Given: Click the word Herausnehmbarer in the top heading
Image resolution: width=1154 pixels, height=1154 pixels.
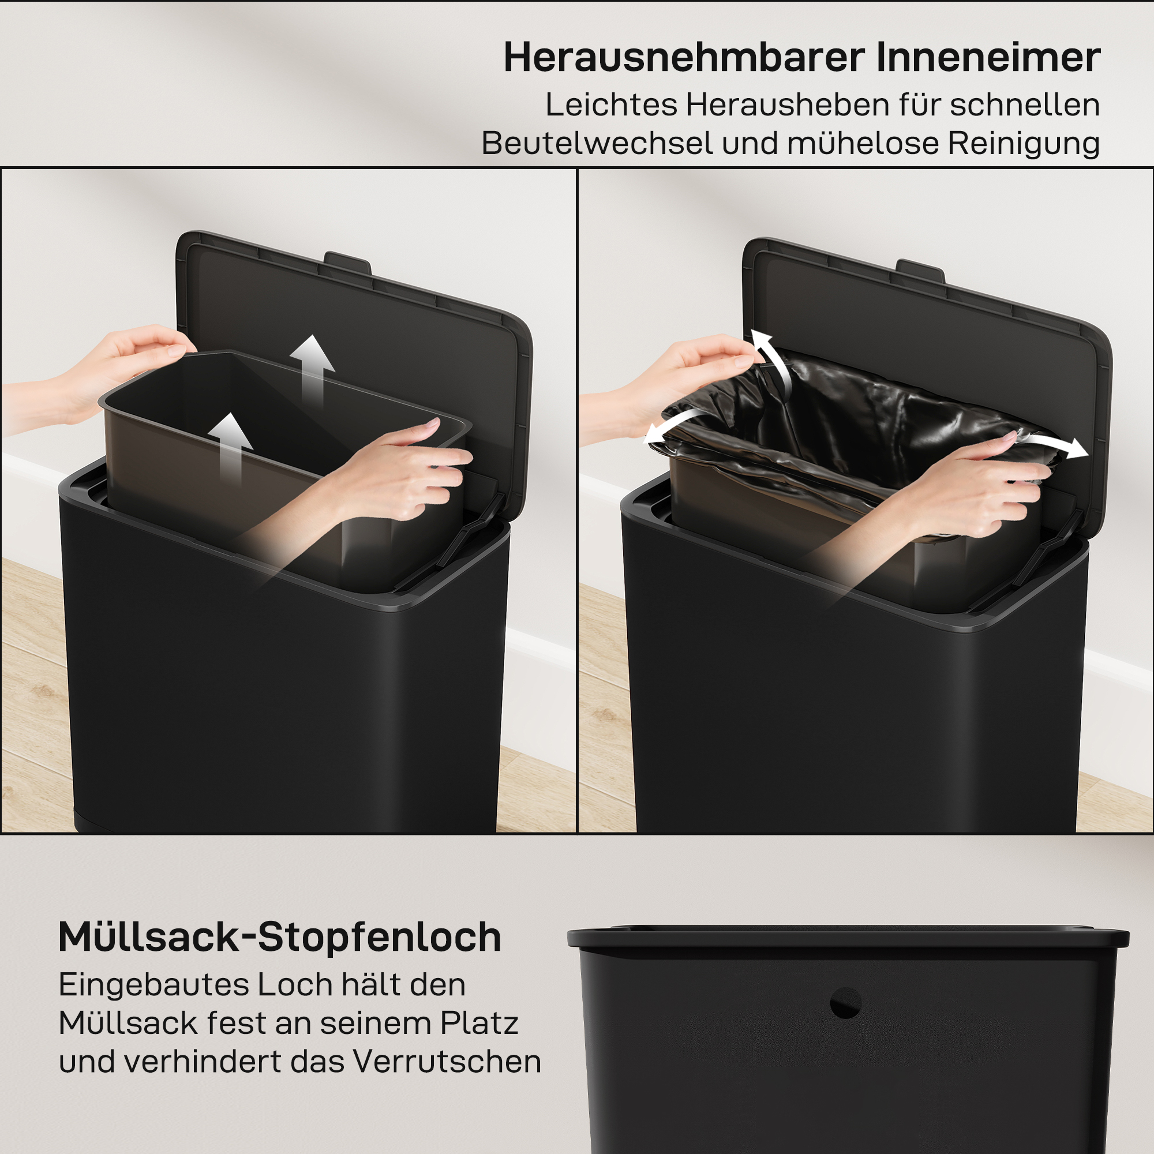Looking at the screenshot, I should click(684, 58).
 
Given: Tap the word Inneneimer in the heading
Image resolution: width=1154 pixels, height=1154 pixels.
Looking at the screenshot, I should click(988, 58).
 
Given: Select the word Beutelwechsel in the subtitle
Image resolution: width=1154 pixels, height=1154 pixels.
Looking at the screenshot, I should click(597, 143).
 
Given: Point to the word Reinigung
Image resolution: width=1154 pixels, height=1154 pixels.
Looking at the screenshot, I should click(1023, 143).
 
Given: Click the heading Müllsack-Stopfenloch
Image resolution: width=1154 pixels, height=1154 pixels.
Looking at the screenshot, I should click(279, 937).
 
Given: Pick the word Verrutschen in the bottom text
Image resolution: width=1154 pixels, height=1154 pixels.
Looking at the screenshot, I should click(447, 1062).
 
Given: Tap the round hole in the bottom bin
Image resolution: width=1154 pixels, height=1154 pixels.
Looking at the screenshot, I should click(845, 1003).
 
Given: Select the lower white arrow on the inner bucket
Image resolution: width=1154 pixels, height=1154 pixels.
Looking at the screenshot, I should click(231, 445).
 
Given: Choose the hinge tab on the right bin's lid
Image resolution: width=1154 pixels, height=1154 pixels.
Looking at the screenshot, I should click(920, 270).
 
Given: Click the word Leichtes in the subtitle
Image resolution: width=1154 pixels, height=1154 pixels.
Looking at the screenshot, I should click(611, 104).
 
